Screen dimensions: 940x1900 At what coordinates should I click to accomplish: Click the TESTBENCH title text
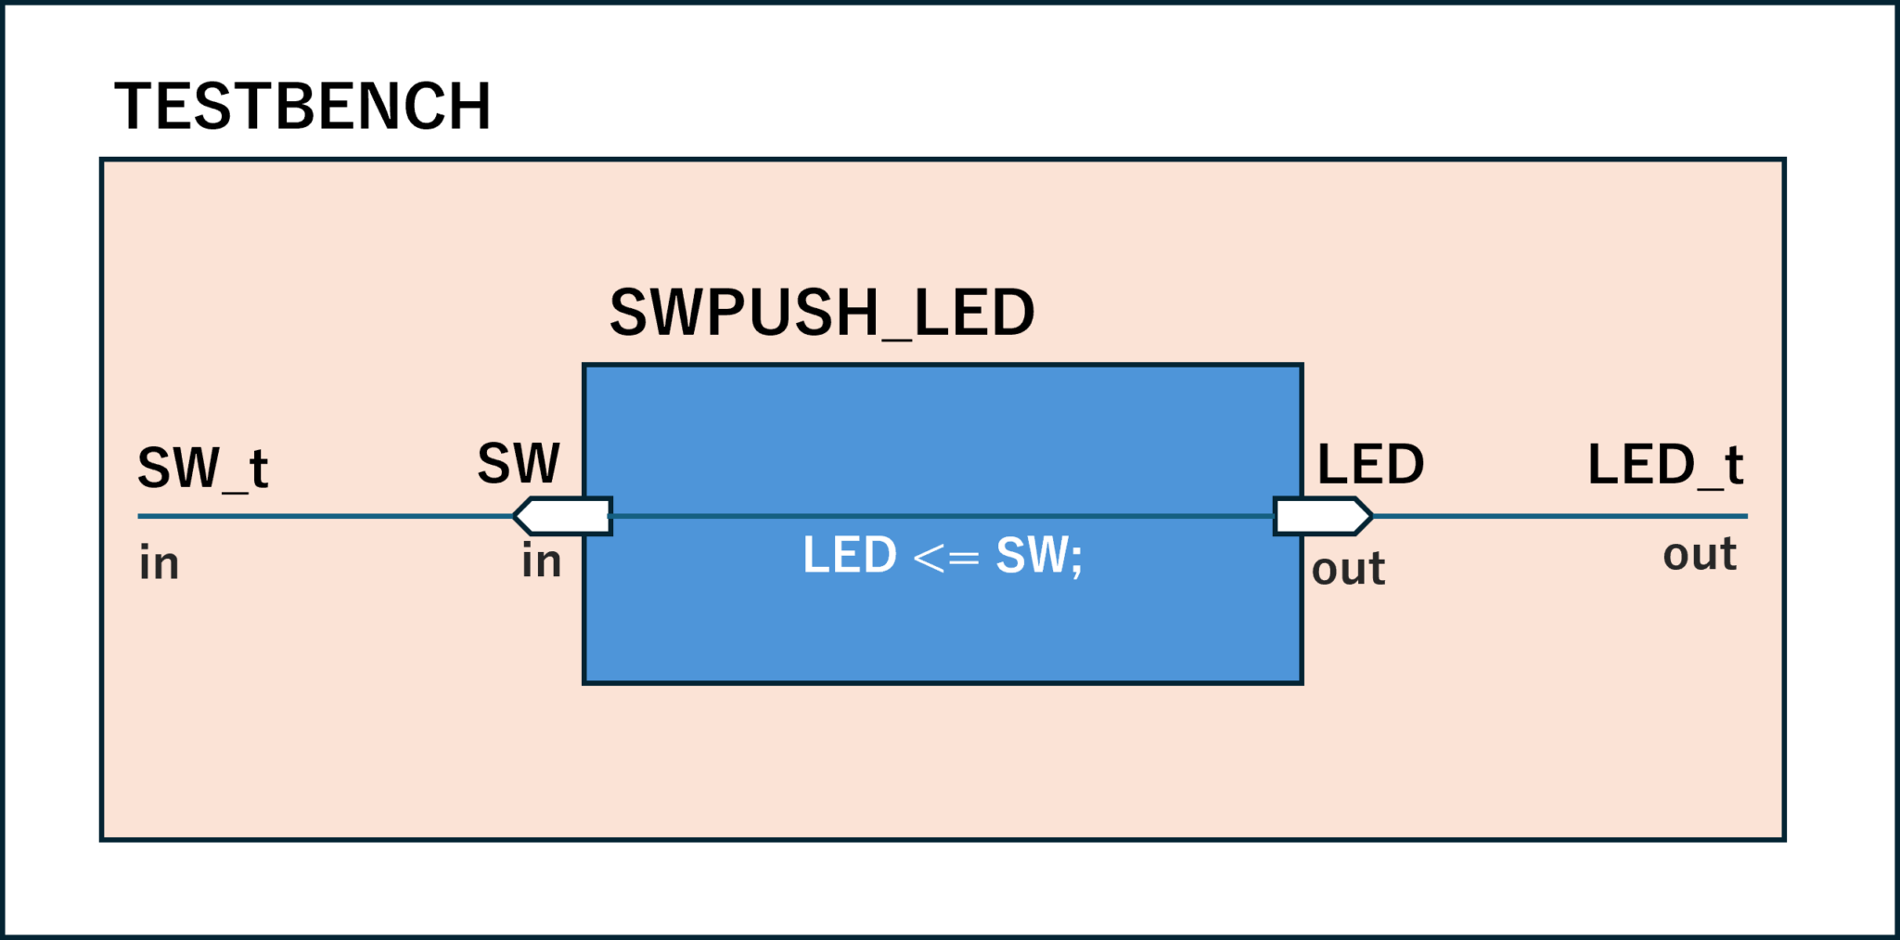point(302,107)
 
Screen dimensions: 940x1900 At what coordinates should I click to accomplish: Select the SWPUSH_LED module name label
point(821,313)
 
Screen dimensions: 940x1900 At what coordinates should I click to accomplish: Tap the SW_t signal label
point(202,468)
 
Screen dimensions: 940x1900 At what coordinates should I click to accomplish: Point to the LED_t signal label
point(1665,465)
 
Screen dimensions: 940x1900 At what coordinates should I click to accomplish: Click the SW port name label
point(519,463)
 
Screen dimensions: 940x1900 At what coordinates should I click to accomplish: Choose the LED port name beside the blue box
point(1370,464)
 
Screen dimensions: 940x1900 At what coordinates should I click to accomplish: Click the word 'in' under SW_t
point(159,563)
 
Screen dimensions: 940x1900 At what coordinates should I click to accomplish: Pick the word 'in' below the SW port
point(541,561)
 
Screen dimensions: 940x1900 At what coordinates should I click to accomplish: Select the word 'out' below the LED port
point(1348,569)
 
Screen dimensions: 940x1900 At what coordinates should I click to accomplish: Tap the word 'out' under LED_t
point(1699,555)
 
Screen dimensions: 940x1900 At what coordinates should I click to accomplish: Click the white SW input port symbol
point(562,516)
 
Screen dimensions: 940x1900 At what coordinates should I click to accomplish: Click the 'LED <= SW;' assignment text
point(942,556)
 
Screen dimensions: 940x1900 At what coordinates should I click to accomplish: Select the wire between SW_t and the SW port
point(325,516)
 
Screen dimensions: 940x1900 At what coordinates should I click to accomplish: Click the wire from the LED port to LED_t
point(1559,516)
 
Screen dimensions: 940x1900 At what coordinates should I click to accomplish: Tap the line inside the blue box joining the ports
point(942,516)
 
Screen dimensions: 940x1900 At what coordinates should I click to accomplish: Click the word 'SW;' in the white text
point(1038,556)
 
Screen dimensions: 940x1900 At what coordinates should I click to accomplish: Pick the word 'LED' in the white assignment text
point(849,556)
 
